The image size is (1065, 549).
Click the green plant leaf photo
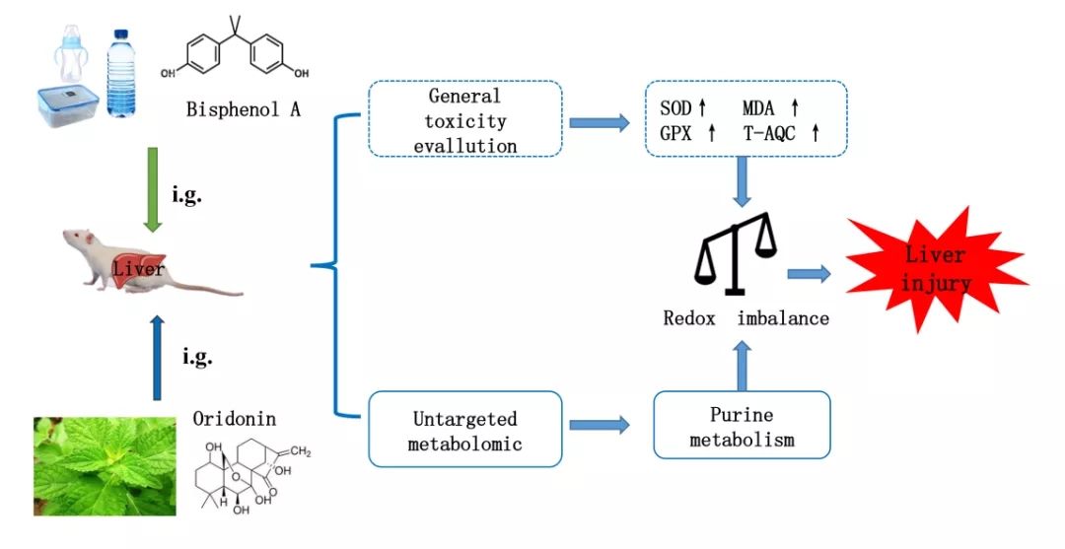(105, 465)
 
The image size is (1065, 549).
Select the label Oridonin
(235, 419)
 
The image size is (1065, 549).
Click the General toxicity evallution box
(464, 120)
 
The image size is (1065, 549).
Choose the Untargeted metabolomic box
(464, 431)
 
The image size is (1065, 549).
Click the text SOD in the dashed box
(675, 108)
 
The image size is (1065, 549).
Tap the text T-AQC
(769, 134)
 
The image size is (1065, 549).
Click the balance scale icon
(736, 254)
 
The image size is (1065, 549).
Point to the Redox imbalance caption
(745, 318)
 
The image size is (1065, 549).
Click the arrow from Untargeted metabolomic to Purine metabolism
(607, 426)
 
